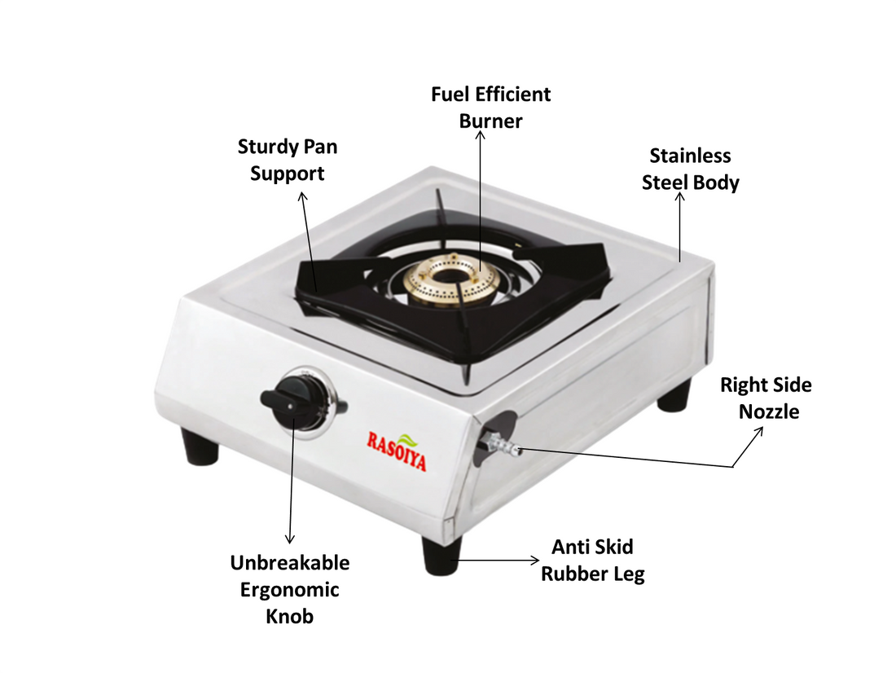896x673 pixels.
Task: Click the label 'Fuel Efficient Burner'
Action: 490,108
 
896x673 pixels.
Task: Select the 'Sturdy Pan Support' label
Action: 287,160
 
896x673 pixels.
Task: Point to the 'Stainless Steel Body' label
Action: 690,169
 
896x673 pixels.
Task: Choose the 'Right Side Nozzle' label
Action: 766,398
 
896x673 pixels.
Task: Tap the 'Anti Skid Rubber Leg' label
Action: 592,560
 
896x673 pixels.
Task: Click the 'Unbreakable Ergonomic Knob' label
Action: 289,589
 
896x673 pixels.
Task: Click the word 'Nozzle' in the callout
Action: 769,411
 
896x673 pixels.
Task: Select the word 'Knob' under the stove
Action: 289,616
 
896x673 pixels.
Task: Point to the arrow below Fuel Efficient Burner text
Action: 481,196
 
